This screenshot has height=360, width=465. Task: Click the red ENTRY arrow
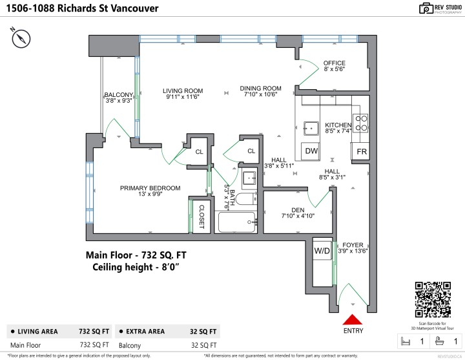pyautogui.click(x=352, y=319)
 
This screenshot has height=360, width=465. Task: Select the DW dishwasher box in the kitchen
pyautogui.click(x=312, y=151)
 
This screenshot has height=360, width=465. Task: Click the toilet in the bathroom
pyautogui.click(x=245, y=200)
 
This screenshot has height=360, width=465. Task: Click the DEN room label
pyautogui.click(x=298, y=209)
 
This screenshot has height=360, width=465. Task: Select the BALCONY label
pyautogui.click(x=119, y=96)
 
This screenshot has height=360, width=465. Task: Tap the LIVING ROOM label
pyautogui.click(x=183, y=90)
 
